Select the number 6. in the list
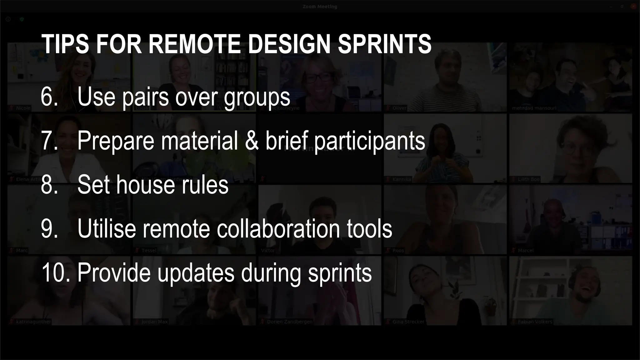click(49, 97)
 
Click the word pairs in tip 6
click(145, 97)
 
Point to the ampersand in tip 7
click(252, 140)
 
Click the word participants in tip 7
click(369, 142)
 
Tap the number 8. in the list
click(49, 185)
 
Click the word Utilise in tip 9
click(107, 228)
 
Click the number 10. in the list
click(55, 272)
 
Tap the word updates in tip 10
click(196, 273)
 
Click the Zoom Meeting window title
click(320, 7)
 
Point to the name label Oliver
click(399, 108)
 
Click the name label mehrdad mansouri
click(534, 108)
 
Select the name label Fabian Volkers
click(535, 322)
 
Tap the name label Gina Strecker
click(408, 322)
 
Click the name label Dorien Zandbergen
click(289, 322)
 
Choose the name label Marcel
click(525, 250)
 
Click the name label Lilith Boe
click(528, 179)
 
